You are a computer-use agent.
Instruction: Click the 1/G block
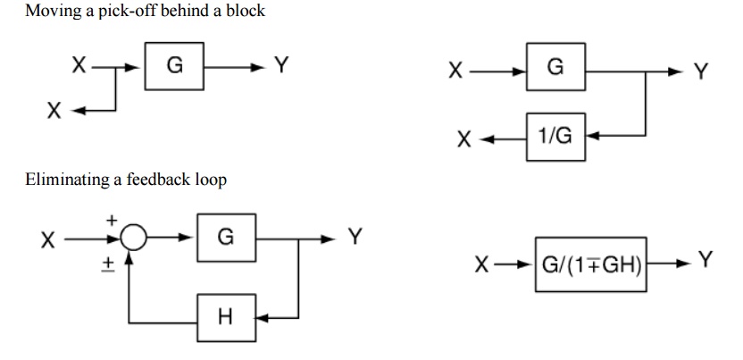pos(555,138)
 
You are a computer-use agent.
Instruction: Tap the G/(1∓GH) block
pos(591,264)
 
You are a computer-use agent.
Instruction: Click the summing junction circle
pos(132,239)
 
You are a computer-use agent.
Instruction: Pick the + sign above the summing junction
pos(112,219)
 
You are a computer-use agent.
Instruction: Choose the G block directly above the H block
pos(225,238)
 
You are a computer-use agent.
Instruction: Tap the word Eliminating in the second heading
pos(61,180)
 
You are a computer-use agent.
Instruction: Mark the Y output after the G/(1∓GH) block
pos(705,260)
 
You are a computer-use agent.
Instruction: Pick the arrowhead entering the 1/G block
pos(592,138)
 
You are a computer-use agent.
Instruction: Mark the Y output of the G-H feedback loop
pos(355,237)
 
